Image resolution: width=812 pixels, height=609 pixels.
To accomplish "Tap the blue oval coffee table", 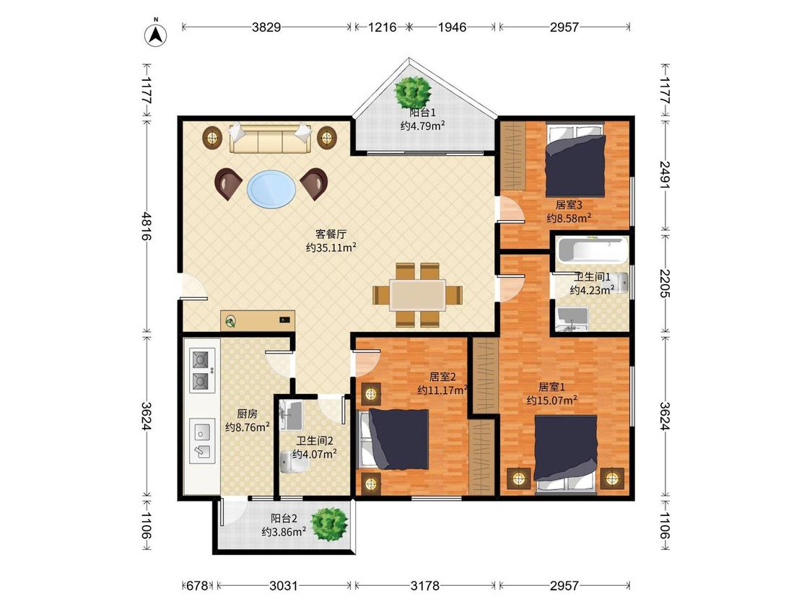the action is click(x=272, y=189).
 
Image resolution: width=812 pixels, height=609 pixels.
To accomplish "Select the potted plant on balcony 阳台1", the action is click(x=412, y=92).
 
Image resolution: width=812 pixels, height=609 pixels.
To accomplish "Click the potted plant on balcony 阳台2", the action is click(x=329, y=524).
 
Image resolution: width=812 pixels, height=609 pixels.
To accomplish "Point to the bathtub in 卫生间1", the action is click(x=593, y=250).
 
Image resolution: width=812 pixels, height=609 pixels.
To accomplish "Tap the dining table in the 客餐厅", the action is click(x=418, y=295).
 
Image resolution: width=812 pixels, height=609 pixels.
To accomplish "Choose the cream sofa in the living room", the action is click(x=270, y=138).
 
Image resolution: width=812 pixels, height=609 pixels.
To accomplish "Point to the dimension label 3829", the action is click(x=266, y=27).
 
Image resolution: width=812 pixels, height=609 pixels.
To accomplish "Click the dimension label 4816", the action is click(x=147, y=226).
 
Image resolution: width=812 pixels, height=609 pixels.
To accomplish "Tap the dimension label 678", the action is click(x=197, y=586).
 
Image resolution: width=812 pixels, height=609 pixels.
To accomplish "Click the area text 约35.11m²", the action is click(x=331, y=247).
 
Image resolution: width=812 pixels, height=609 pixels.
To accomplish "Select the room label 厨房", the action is click(x=247, y=413).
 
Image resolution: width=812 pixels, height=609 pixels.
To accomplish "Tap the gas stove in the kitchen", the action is click(x=201, y=369).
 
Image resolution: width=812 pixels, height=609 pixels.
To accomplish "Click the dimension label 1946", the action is click(x=452, y=27).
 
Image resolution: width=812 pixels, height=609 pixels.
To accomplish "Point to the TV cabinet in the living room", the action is click(x=258, y=321).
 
